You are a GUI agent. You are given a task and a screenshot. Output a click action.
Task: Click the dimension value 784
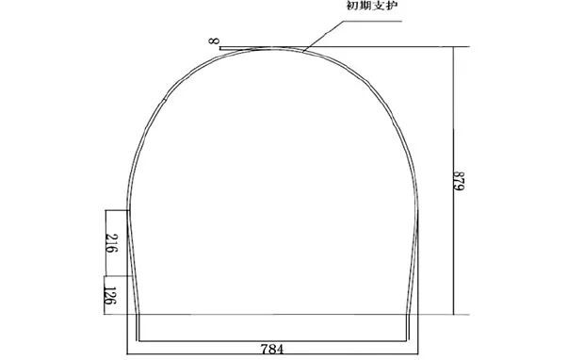(272, 349)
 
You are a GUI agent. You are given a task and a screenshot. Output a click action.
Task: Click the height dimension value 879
(459, 181)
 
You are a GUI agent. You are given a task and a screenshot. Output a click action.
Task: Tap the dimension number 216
(112, 244)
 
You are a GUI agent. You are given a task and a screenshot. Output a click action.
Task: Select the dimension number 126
(110, 296)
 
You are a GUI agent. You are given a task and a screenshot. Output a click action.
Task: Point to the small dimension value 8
(213, 41)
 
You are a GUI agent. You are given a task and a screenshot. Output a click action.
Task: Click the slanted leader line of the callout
(323, 36)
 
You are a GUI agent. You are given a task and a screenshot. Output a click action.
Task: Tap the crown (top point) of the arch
(270, 48)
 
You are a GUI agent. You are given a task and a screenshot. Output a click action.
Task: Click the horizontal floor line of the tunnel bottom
(272, 341)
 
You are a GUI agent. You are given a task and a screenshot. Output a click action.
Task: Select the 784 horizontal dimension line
(272, 354)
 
